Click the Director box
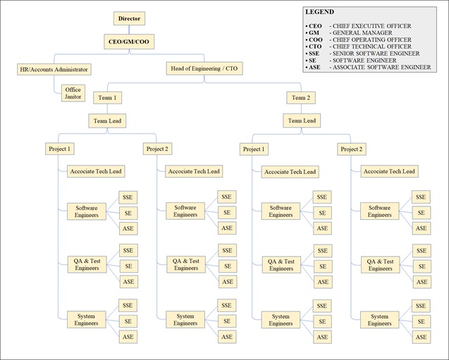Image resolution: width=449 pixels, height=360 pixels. [x=129, y=18]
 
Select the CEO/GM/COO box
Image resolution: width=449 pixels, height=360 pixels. [x=129, y=42]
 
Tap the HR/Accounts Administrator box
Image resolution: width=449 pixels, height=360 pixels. [x=54, y=69]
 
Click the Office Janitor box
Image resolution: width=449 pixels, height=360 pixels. [x=73, y=93]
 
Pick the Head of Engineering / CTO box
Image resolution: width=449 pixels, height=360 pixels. [x=204, y=68]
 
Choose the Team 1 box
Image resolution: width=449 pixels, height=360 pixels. [x=107, y=98]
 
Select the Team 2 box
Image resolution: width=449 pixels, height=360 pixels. [x=301, y=98]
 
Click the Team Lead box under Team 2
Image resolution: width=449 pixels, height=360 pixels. [x=302, y=120]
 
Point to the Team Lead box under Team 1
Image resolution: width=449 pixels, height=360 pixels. [x=107, y=121]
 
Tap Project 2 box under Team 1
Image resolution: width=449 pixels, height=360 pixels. [x=157, y=149]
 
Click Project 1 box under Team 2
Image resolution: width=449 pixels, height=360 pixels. [x=254, y=149]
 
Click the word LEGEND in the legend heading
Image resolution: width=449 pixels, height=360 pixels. [x=320, y=12]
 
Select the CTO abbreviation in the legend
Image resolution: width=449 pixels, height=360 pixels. [x=315, y=46]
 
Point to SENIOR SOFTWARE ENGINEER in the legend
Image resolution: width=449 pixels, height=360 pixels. [x=376, y=54]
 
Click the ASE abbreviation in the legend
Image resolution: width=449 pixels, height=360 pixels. [x=314, y=67]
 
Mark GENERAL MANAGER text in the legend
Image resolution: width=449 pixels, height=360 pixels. [x=362, y=32]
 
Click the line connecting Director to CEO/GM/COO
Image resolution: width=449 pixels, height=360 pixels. [x=129, y=30]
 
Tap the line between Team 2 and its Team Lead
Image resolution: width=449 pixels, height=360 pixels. [x=301, y=108]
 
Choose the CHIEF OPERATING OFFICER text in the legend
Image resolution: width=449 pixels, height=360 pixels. [x=372, y=39]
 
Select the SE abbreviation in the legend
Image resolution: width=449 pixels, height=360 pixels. [x=312, y=61]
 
